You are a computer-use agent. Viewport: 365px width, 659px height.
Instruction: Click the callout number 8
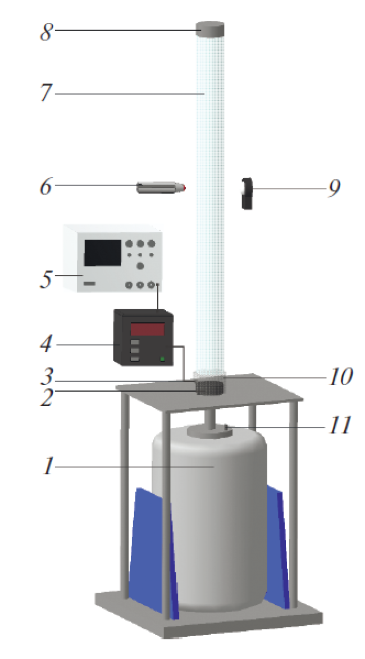[47, 31]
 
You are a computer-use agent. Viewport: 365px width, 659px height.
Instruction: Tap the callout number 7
[47, 93]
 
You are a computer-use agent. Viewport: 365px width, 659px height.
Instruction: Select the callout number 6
[46, 186]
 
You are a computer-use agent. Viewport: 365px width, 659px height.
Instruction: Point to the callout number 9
[334, 188]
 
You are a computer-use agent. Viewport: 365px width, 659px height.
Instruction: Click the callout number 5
[46, 279]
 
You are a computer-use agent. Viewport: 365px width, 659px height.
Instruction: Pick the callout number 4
[47, 345]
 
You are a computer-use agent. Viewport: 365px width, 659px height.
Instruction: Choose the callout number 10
[340, 377]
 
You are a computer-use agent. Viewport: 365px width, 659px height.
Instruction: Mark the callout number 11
[339, 425]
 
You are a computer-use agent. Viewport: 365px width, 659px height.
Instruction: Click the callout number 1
[49, 466]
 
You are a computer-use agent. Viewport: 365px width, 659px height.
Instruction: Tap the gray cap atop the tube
[210, 29]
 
